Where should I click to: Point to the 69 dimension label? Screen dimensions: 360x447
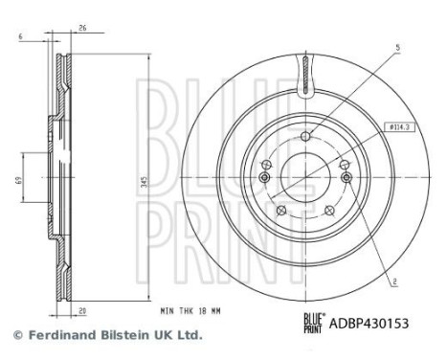(x=17, y=180)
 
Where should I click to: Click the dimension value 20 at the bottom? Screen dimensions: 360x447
(x=85, y=311)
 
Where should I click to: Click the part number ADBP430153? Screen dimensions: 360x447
(x=369, y=325)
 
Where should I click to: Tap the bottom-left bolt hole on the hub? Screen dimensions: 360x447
(x=279, y=210)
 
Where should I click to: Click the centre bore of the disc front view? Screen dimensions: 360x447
(x=303, y=177)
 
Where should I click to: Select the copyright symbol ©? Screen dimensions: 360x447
(x=15, y=336)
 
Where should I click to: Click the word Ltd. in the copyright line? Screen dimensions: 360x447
(x=190, y=336)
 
